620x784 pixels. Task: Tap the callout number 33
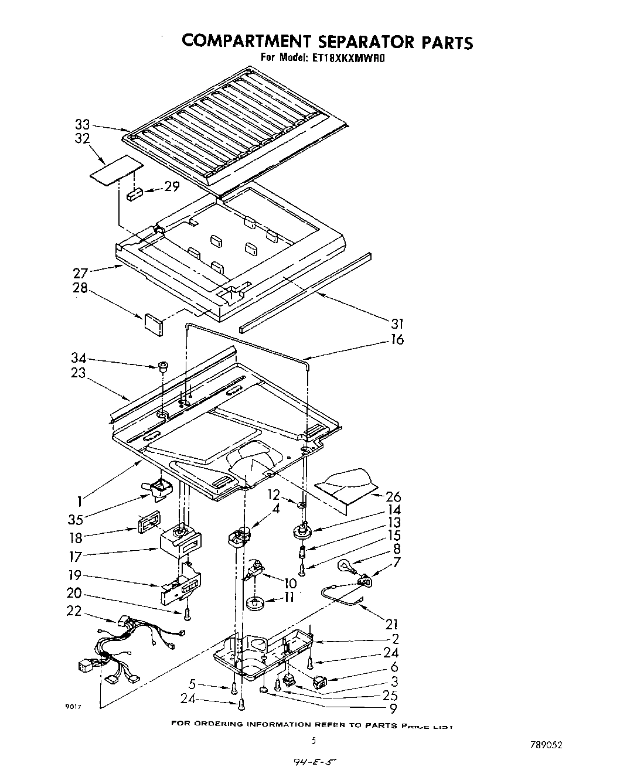(82, 124)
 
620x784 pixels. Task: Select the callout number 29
(172, 187)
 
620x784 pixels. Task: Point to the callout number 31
(397, 323)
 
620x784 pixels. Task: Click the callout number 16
(397, 339)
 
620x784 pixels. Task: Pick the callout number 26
(393, 497)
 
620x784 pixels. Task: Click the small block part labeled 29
(134, 194)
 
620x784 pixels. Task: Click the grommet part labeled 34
(160, 367)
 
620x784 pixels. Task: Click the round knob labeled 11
(256, 603)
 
